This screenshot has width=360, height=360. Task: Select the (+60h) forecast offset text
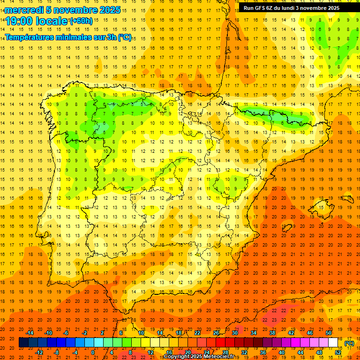(81, 21)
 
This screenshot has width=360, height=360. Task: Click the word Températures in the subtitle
(33, 37)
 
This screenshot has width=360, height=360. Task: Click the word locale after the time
(53, 21)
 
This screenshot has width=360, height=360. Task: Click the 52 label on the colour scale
(338, 352)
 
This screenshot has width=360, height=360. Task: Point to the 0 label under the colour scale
(93, 352)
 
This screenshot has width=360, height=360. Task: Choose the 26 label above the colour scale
(216, 333)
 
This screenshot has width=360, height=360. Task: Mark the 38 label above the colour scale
(272, 333)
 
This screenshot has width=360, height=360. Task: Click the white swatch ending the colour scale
(333, 343)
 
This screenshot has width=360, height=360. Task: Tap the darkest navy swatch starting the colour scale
(23, 343)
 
